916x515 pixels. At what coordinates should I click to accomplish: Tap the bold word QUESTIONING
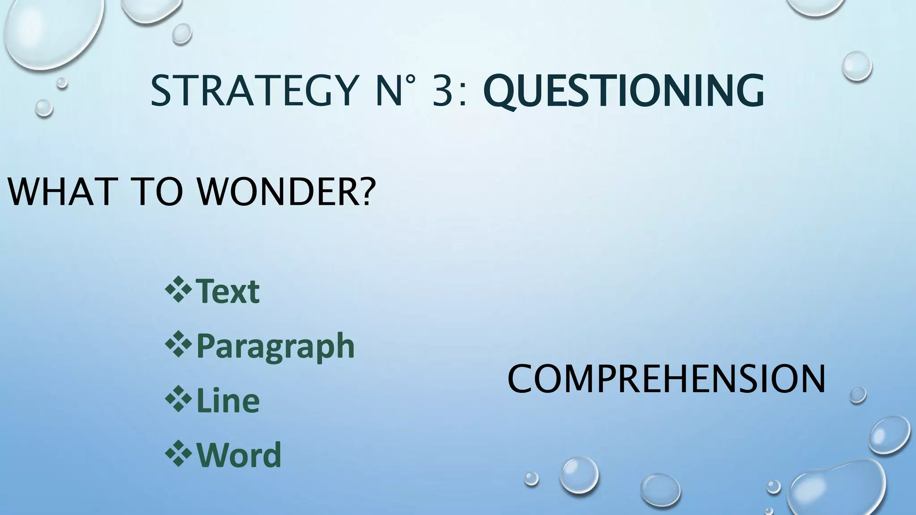pyautogui.click(x=623, y=92)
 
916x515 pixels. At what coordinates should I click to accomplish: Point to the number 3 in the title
pyautogui.click(x=444, y=91)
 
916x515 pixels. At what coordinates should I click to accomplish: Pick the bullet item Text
pyautogui.click(x=228, y=291)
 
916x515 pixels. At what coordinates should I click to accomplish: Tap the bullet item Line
pyautogui.click(x=228, y=401)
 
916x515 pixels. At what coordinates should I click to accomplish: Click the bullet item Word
pyautogui.click(x=239, y=455)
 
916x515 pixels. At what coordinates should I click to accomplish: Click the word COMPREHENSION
pyautogui.click(x=666, y=379)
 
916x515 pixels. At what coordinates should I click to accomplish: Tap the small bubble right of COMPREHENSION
pyautogui.click(x=857, y=395)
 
